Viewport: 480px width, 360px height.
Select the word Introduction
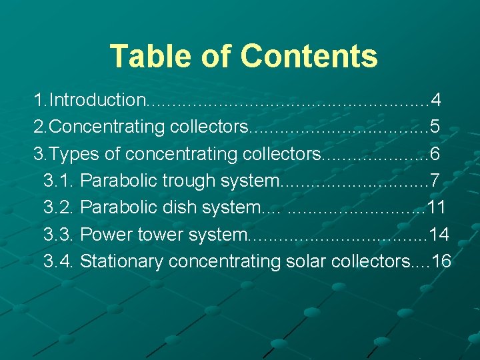click(x=97, y=101)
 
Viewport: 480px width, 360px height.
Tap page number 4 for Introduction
click(x=435, y=101)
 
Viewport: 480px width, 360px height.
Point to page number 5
click(x=434, y=127)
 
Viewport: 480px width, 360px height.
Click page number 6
click(x=435, y=154)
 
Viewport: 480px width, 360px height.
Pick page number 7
click(x=435, y=181)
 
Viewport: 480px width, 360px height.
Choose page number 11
click(x=436, y=207)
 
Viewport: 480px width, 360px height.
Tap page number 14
click(x=439, y=234)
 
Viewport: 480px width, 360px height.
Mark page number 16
click(x=441, y=261)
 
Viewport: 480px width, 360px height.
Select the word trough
click(x=189, y=181)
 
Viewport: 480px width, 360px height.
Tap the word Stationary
click(x=122, y=261)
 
